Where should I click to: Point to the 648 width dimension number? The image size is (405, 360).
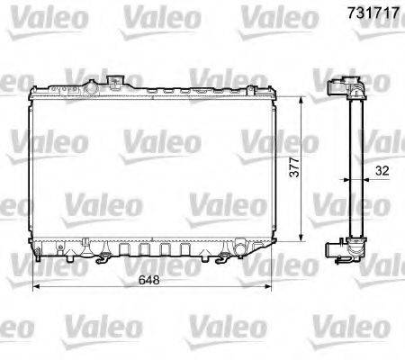pos(156,278)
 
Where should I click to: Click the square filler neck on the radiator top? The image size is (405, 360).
pos(115,82)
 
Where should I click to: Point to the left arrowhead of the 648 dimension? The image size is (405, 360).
pos(35,288)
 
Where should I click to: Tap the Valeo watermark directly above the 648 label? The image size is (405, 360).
pos(152,260)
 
